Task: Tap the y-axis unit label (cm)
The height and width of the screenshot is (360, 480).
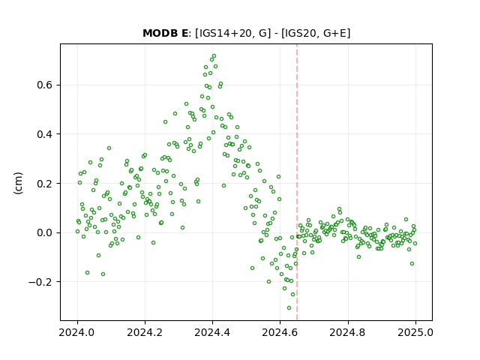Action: [18, 183]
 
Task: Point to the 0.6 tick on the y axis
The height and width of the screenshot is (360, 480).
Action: [46, 85]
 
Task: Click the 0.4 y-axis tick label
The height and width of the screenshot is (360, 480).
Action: [46, 134]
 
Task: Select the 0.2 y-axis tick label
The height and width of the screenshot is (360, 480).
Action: [46, 183]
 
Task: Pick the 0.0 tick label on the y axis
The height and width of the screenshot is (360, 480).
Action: [46, 232]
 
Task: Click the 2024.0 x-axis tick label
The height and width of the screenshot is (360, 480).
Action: [77, 332]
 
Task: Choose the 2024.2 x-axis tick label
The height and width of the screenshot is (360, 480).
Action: [145, 332]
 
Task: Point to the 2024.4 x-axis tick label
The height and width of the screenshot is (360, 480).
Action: [212, 332]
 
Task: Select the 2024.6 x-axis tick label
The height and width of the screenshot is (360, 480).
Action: [280, 332]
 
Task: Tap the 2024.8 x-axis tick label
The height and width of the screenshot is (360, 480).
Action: [348, 332]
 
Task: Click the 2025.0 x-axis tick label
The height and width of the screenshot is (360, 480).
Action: [415, 332]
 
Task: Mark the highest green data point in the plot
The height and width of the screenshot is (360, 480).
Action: [214, 56]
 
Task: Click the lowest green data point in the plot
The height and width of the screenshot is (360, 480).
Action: [289, 307]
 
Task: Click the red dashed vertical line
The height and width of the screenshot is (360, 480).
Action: [297, 182]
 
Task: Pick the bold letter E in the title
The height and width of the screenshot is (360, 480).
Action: [184, 33]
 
